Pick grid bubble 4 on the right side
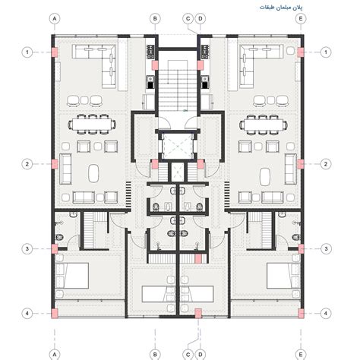click(327, 313)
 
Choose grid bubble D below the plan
click(200, 352)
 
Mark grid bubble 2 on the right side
click(327, 163)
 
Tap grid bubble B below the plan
click(154, 352)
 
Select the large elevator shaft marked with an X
click(178, 144)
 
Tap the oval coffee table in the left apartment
click(93, 174)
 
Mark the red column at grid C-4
click(197, 312)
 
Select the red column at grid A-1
click(55, 52)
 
